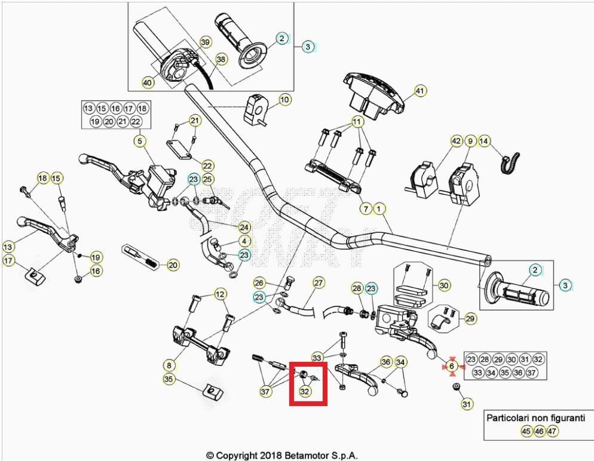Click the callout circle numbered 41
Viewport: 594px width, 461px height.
pos(420,91)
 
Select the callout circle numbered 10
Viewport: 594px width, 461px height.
pos(284,99)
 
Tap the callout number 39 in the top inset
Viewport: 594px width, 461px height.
pos(205,42)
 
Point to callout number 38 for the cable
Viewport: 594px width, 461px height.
pos(221,60)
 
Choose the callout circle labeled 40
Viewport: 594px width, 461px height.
pos(147,82)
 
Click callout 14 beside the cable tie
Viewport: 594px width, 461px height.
pos(484,142)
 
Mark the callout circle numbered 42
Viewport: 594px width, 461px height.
pos(456,142)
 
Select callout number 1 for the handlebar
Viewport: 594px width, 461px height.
pos(379,209)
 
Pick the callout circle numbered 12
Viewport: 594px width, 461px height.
pos(221,294)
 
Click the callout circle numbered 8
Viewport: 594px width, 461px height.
pos(169,364)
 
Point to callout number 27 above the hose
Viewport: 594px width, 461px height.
pos(319,282)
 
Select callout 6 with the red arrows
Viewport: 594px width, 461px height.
pos(452,365)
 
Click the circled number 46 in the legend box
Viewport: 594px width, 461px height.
pos(539,431)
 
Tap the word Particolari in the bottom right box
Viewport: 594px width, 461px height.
pos(511,419)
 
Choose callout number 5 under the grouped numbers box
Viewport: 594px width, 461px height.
pos(139,142)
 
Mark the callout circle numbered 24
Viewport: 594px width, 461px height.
pos(244,227)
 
